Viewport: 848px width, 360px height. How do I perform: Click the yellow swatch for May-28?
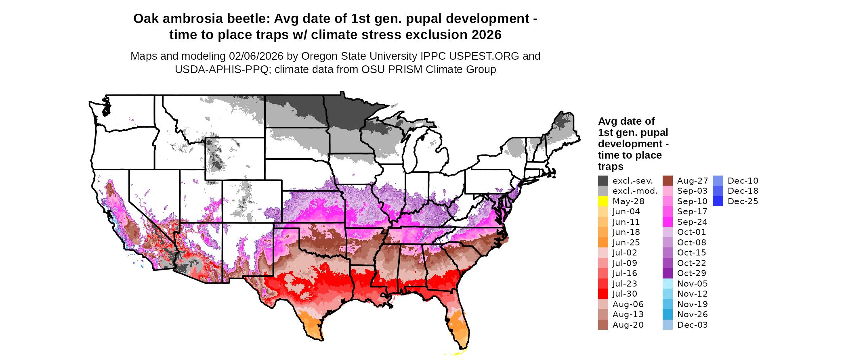pyautogui.click(x=603, y=201)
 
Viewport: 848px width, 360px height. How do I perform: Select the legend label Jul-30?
pyautogui.click(x=625, y=294)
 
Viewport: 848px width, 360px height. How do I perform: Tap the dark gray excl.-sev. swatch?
pyautogui.click(x=603, y=180)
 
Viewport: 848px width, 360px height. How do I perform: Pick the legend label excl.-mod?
pyautogui.click(x=635, y=191)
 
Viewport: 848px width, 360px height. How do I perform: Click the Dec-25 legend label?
pyautogui.click(x=743, y=201)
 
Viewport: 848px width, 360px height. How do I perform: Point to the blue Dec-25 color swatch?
pyautogui.click(x=718, y=201)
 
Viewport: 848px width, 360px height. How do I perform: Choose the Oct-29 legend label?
pyautogui.click(x=691, y=273)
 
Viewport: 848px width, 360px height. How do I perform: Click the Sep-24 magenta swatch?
pyautogui.click(x=667, y=222)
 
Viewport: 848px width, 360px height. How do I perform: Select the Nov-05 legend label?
pyautogui.click(x=692, y=284)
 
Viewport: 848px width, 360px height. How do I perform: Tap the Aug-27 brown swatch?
pyautogui.click(x=667, y=180)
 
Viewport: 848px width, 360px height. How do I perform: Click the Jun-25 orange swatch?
pyautogui.click(x=603, y=242)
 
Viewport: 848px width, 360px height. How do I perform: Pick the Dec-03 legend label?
pyautogui.click(x=692, y=325)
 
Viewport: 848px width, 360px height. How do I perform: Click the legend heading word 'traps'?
pyautogui.click(x=611, y=167)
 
